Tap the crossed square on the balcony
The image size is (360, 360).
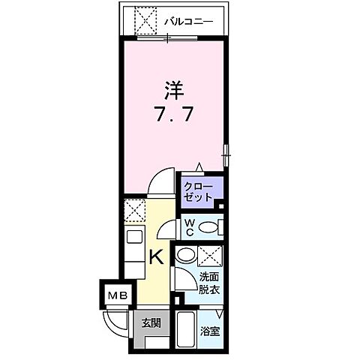coord(145,20)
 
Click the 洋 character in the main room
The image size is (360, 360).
coord(173,91)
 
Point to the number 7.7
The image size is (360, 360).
coord(173,116)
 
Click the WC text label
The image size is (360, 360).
coord(190,227)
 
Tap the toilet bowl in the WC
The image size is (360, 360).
coord(209,227)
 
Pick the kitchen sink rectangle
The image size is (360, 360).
coord(134,240)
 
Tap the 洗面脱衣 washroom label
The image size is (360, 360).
coord(209,281)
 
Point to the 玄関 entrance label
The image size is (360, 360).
coord(151,323)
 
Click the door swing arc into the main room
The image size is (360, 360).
coord(159,184)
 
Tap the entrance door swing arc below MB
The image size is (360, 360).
coord(115,320)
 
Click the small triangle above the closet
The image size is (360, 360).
coord(199,167)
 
